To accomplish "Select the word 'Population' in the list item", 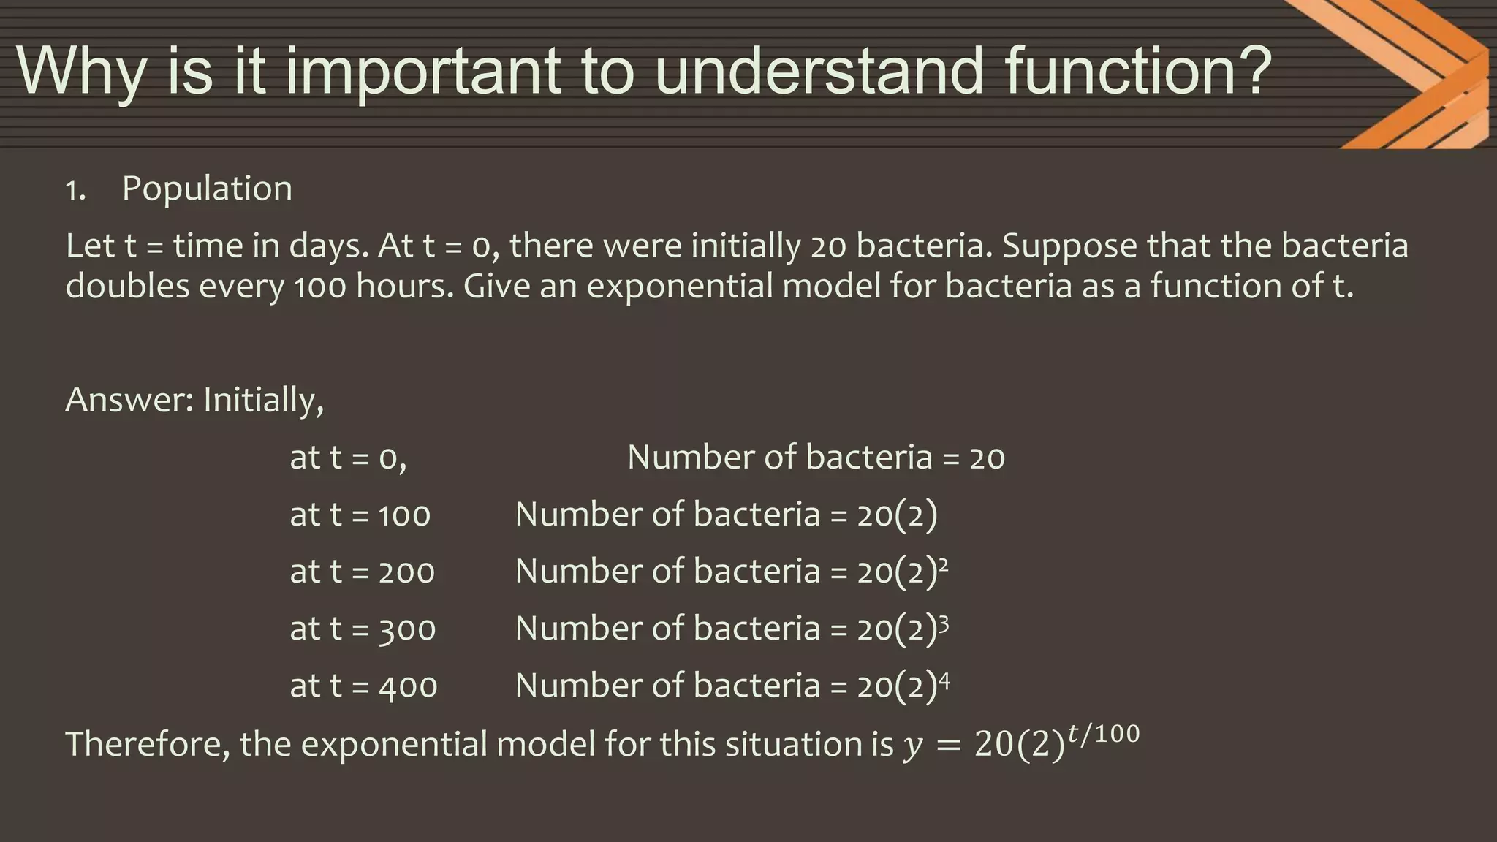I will click(207, 189).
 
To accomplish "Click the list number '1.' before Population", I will click(75, 191).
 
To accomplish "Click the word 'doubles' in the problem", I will click(127, 286).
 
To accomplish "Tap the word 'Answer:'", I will click(129, 401).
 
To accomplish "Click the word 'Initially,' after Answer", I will click(263, 401).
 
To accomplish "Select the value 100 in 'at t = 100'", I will click(404, 515).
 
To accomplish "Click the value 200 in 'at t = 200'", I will click(406, 572).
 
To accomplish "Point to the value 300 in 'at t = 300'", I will click(407, 629).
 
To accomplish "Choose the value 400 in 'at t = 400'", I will click(408, 686).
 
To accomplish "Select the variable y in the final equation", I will click(912, 747).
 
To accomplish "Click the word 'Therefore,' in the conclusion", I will click(148, 744).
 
